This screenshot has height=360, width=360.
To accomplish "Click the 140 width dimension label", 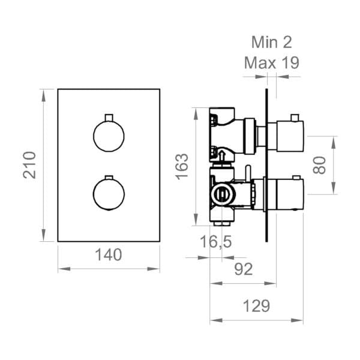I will [x=109, y=254].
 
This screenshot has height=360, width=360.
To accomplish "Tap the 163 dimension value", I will [x=182, y=166].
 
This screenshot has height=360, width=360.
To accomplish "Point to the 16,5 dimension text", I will [x=215, y=243].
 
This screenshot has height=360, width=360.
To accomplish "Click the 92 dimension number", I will [x=242, y=269].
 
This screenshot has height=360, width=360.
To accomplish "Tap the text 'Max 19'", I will [x=272, y=62].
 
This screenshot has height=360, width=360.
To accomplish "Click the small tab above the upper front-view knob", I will [x=109, y=116].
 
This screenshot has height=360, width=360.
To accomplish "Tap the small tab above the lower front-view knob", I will [x=109, y=177].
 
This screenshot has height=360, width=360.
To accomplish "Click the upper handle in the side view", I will [x=285, y=136].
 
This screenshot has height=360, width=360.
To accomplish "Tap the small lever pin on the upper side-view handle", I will [x=295, y=116].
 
